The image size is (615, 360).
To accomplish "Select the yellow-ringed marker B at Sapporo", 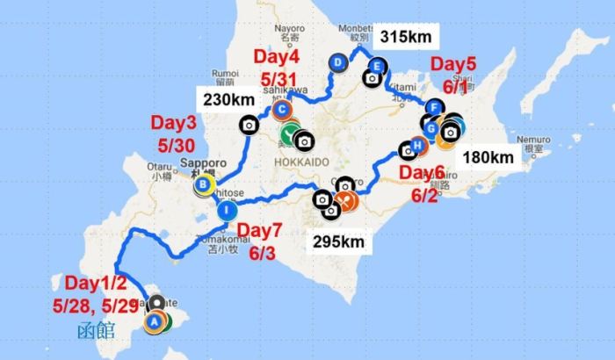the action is [203, 184].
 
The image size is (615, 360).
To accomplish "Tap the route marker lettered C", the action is [281, 111].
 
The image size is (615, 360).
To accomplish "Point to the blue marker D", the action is [338, 61].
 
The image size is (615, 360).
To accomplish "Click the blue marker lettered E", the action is [377, 65].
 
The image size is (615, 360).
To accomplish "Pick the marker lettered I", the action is [226, 210].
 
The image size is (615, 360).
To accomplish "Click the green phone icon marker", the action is [289, 135].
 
